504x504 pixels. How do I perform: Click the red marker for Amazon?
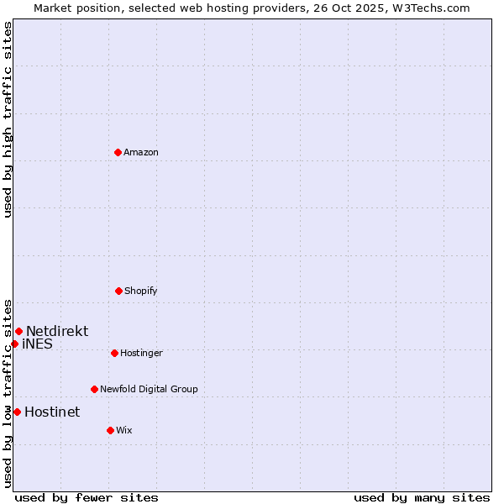click(x=118, y=152)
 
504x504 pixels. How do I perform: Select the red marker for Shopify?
click(x=118, y=291)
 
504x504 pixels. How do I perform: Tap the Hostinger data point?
click(x=114, y=353)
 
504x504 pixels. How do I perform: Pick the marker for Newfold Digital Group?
click(x=94, y=389)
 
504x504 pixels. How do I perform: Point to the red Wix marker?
click(x=110, y=430)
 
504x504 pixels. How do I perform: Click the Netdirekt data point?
click(x=18, y=331)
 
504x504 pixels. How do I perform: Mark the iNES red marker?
click(x=14, y=344)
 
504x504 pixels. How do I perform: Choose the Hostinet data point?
click(x=17, y=412)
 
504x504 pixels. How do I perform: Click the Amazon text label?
click(x=141, y=153)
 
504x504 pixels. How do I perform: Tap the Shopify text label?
click(x=141, y=291)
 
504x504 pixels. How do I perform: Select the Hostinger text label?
click(x=141, y=354)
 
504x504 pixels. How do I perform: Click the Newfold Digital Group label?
click(x=149, y=390)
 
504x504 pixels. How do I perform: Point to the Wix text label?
click(x=124, y=431)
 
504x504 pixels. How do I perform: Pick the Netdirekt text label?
click(x=57, y=331)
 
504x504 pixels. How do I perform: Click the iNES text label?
click(x=37, y=344)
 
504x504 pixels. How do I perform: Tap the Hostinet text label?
click(x=52, y=412)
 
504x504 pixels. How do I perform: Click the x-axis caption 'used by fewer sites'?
click(x=87, y=497)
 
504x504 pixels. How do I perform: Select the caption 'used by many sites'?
click(x=422, y=497)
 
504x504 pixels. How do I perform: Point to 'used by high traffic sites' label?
click(x=8, y=119)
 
